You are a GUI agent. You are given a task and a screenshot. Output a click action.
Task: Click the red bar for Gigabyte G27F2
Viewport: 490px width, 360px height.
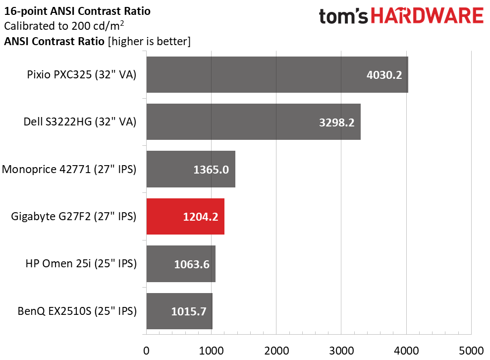click(185, 216)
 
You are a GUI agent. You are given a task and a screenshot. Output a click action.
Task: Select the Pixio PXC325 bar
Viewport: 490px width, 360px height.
click(277, 74)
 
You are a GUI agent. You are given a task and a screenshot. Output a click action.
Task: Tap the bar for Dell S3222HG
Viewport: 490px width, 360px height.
click(254, 121)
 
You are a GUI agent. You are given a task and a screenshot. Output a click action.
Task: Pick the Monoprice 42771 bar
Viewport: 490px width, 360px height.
click(191, 169)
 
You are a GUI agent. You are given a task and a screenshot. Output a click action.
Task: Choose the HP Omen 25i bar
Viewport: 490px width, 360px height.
click(181, 264)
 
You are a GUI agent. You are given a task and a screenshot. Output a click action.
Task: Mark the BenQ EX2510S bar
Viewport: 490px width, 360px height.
click(179, 311)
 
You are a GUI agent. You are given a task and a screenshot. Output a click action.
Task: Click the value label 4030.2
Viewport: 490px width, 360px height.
click(384, 75)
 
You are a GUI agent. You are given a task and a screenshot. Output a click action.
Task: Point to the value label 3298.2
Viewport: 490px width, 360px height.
click(336, 122)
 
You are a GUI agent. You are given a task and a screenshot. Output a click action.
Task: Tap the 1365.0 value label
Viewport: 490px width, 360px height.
click(211, 170)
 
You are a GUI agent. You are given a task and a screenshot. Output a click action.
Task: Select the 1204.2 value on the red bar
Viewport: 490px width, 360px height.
click(200, 217)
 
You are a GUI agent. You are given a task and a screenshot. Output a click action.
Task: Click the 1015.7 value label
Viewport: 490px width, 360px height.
click(189, 311)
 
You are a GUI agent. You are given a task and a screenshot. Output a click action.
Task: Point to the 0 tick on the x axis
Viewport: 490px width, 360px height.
click(146, 351)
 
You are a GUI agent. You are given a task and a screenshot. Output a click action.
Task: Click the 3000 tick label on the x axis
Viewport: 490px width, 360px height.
click(341, 351)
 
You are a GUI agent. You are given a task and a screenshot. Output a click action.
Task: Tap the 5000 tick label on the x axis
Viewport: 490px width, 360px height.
click(471, 351)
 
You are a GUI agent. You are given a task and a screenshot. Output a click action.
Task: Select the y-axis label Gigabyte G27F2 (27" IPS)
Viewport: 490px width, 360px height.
click(74, 216)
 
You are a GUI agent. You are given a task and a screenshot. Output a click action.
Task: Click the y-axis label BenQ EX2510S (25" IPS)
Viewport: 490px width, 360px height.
click(77, 311)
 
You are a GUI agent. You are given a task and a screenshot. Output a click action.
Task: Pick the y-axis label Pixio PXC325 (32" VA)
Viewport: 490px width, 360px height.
click(82, 74)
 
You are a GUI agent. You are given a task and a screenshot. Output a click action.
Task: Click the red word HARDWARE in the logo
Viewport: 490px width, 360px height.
click(427, 16)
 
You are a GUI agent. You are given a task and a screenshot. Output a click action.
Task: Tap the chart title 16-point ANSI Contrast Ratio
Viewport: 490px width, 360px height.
click(77, 11)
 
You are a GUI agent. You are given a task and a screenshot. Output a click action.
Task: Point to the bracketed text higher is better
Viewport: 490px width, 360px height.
click(149, 41)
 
